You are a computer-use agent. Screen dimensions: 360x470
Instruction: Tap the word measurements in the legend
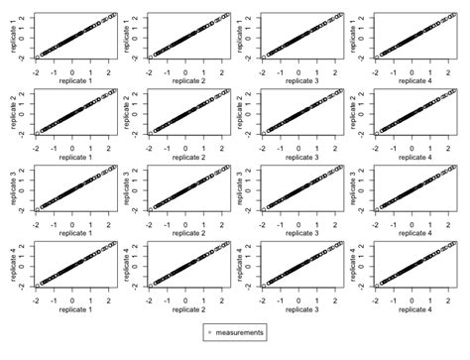click(x=240, y=333)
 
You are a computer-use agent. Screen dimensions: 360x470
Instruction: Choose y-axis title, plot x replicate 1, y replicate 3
click(x=9, y=186)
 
